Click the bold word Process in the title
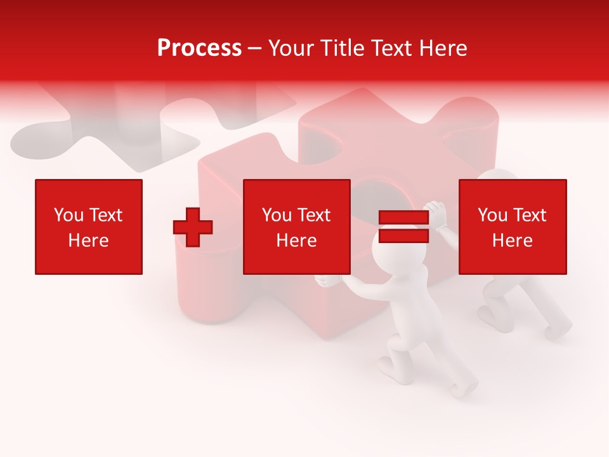pyautogui.click(x=199, y=48)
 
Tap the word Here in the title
pyautogui.click(x=442, y=48)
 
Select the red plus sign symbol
pyautogui.click(x=193, y=227)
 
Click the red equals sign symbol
pyautogui.click(x=404, y=227)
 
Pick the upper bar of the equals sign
pyautogui.click(x=404, y=218)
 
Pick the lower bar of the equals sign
pyautogui.click(x=404, y=235)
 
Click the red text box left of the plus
pyautogui.click(x=89, y=227)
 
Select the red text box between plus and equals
pyautogui.click(x=297, y=227)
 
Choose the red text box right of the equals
pyautogui.click(x=513, y=227)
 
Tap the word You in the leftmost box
pyautogui.click(x=69, y=215)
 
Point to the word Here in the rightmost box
pyautogui.click(x=513, y=241)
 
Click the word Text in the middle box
pyautogui.click(x=314, y=215)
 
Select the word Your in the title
pyautogui.click(x=292, y=48)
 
